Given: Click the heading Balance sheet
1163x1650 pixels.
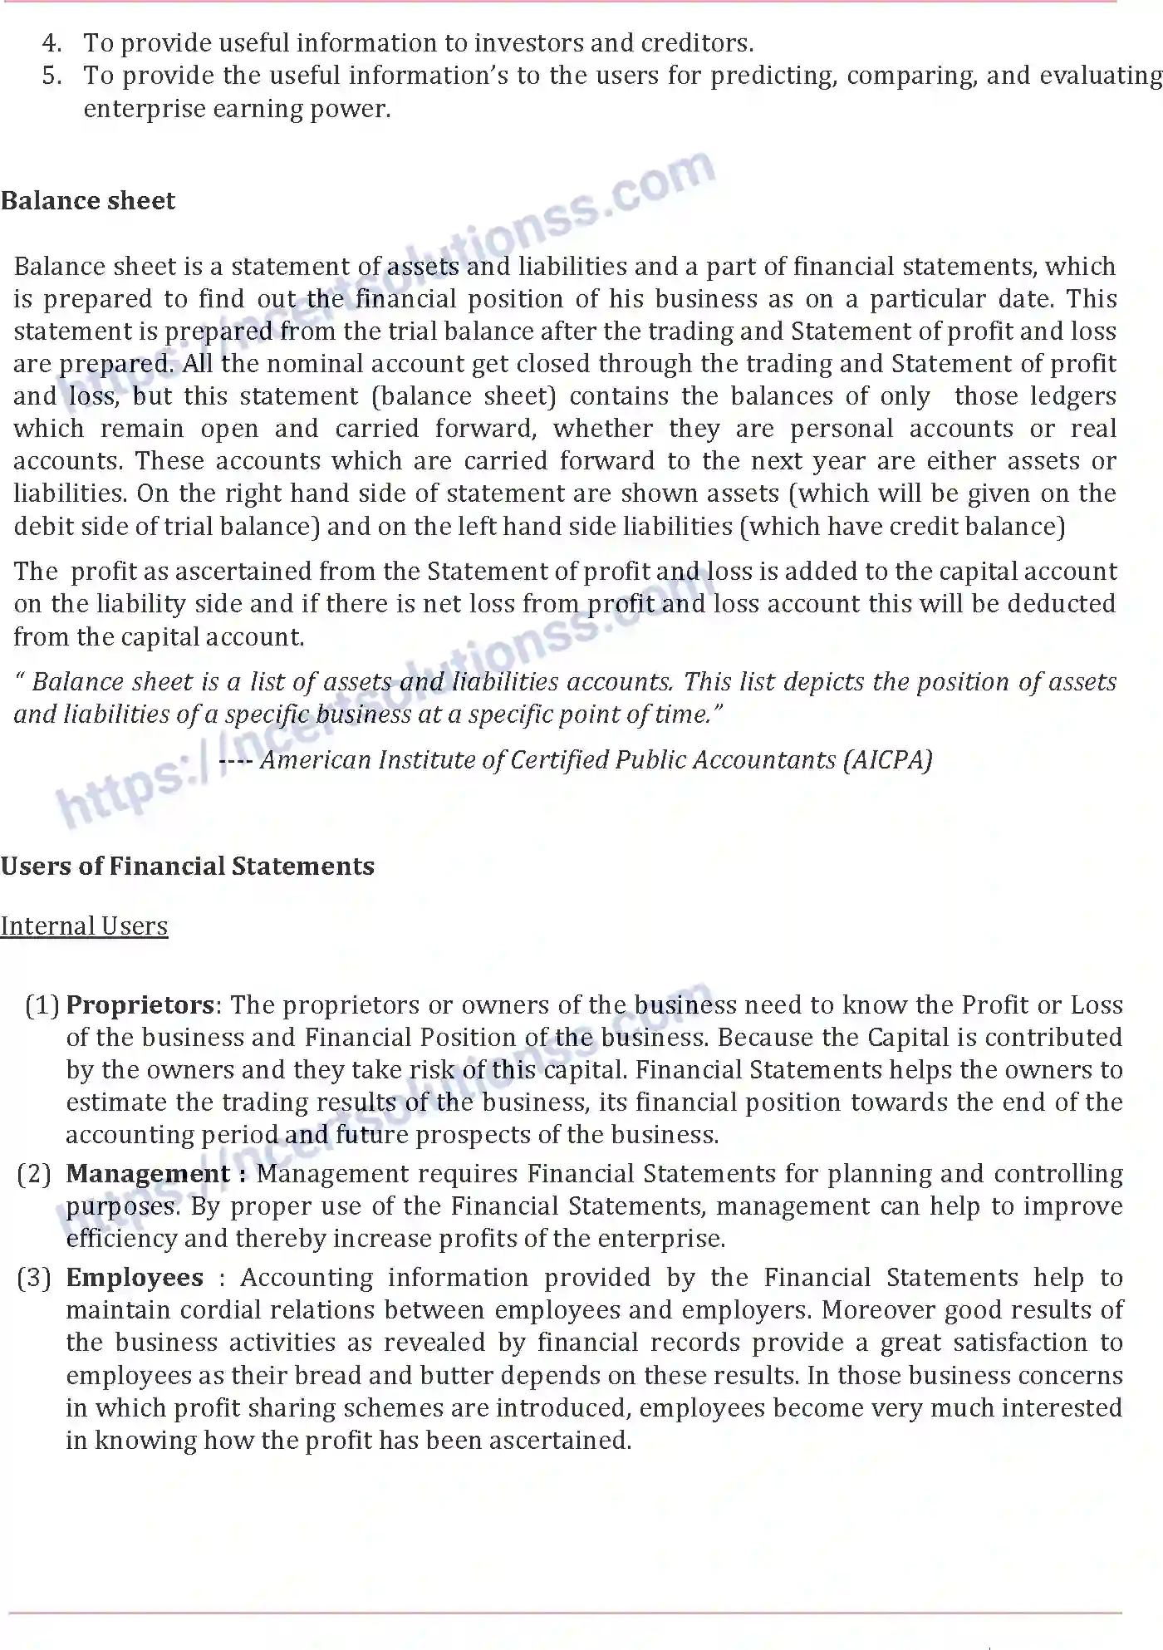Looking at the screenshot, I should coord(88,201).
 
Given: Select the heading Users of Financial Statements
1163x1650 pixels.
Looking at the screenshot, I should coord(188,867).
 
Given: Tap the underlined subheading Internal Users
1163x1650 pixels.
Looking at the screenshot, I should coord(84,926).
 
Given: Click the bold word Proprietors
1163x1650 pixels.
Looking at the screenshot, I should coord(140,1005).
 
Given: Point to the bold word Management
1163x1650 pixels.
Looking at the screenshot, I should coord(148,1174).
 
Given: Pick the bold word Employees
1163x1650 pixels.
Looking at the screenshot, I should coord(135,1278).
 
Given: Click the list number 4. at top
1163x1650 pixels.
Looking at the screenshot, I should coord(52,43).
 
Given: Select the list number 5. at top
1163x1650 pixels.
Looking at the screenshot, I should coord(52,76).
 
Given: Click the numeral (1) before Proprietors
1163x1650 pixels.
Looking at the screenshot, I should coord(42,1005).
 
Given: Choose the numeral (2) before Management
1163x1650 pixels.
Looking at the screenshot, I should coord(34,1174).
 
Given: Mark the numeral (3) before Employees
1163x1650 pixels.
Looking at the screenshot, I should coord(34,1278).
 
